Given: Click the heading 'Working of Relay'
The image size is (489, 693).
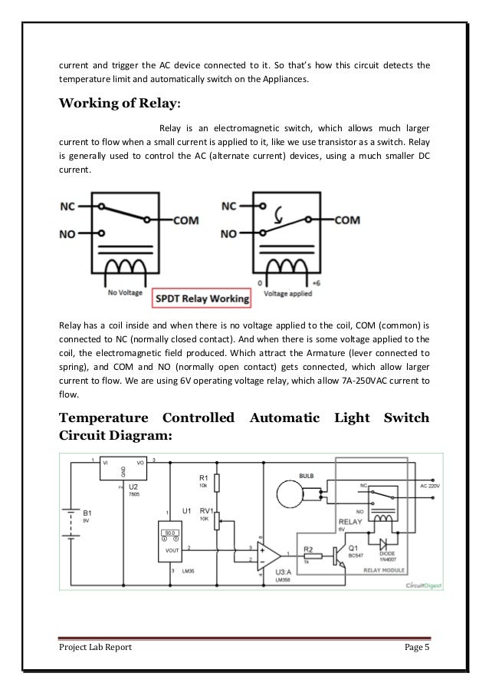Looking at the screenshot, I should tap(119, 104).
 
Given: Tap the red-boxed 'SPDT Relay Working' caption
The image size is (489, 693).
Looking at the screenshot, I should tap(202, 299).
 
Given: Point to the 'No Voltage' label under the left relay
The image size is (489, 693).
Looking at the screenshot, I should tap(123, 292).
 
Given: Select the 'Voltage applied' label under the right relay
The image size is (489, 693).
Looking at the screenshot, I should tap(287, 292).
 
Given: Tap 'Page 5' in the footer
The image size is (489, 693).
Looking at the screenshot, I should tap(418, 648).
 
